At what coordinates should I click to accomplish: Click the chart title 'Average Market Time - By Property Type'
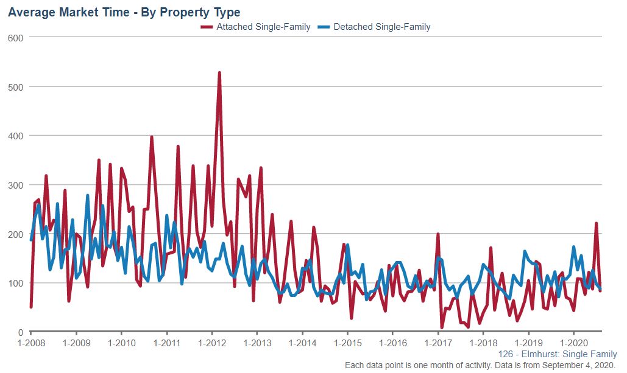(x=124, y=12)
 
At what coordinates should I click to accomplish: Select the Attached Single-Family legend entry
(x=263, y=27)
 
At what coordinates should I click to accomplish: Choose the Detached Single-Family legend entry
(x=382, y=27)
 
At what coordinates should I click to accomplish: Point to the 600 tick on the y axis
(x=15, y=38)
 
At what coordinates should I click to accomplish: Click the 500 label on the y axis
(x=15, y=87)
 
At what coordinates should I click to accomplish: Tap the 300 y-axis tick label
(x=15, y=185)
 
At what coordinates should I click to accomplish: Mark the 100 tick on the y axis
(x=15, y=284)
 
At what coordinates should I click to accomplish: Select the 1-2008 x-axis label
(x=30, y=343)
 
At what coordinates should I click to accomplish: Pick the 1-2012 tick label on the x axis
(x=211, y=343)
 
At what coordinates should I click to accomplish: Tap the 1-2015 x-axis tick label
(x=347, y=343)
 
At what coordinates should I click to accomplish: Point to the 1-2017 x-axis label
(x=438, y=343)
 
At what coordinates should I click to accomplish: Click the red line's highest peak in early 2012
(x=219, y=73)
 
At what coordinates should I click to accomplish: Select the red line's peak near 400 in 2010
(x=152, y=137)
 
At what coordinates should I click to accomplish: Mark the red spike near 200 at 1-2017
(x=438, y=234)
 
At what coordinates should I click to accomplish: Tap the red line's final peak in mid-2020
(x=597, y=223)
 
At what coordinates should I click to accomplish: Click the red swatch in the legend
(x=207, y=27)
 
